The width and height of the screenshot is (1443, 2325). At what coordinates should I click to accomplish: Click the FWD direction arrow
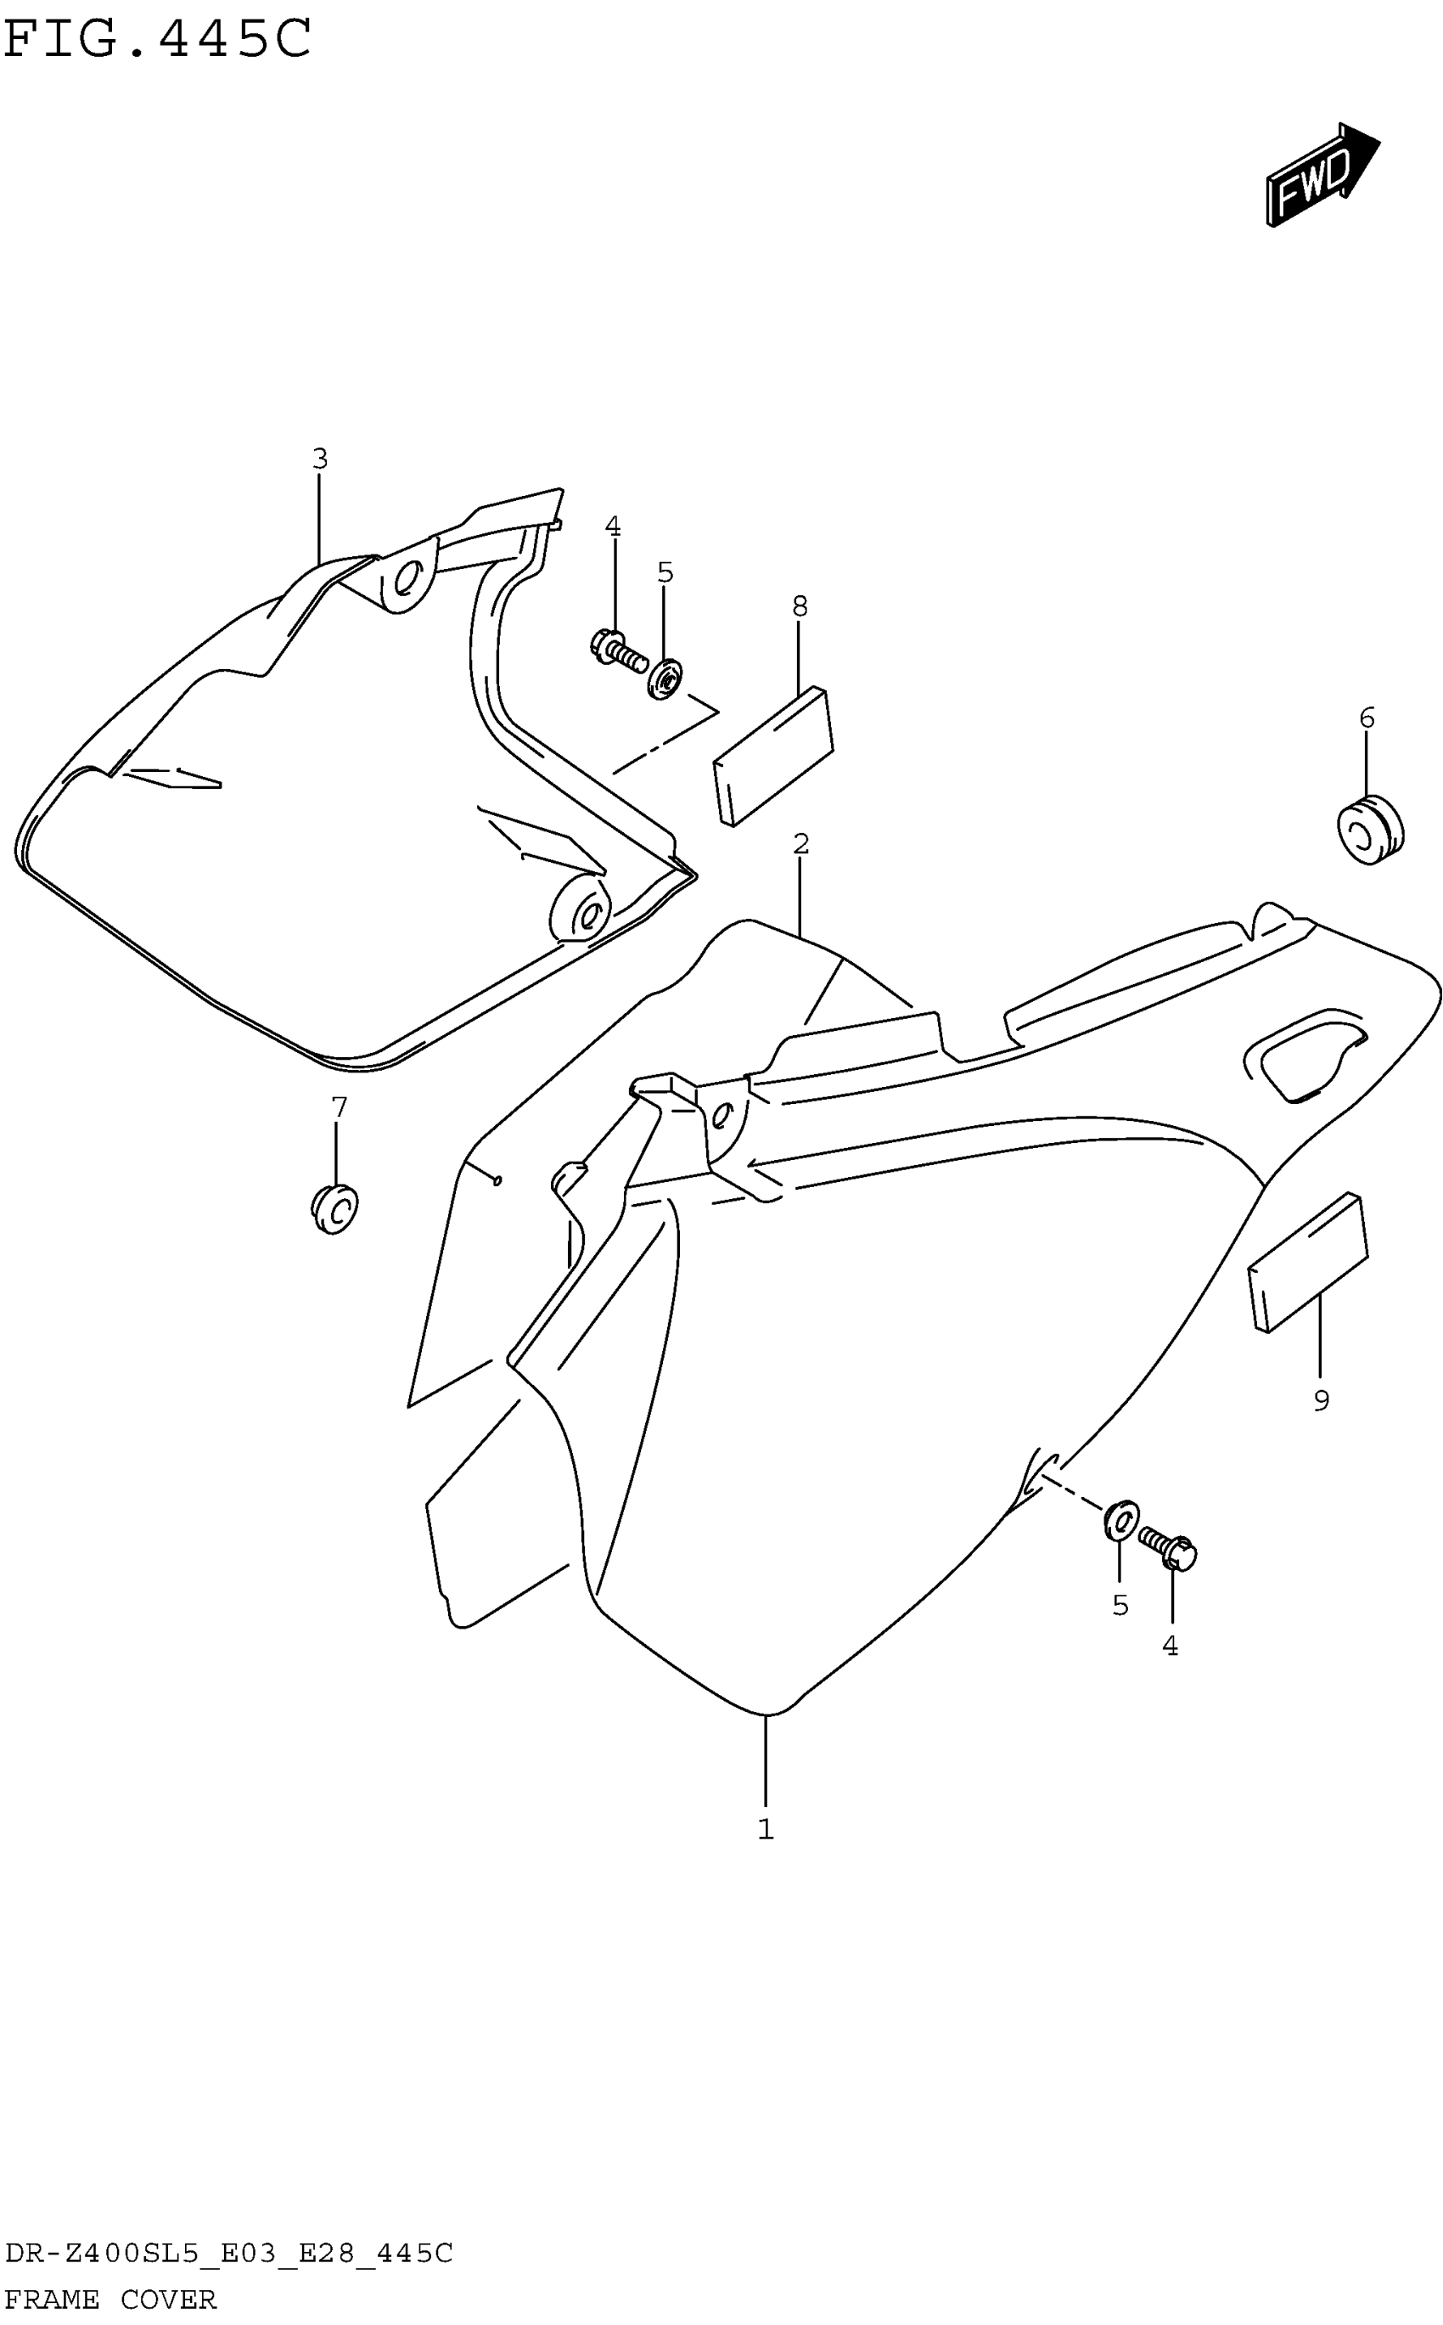click(1322, 175)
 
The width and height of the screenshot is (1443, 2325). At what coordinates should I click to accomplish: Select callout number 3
click(320, 459)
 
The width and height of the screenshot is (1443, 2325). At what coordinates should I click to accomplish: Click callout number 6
click(1367, 718)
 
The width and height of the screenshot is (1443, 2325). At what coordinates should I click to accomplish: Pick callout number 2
click(800, 844)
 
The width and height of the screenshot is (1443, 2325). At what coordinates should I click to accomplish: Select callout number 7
click(339, 1107)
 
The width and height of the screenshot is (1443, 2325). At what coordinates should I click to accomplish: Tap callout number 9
click(1321, 1401)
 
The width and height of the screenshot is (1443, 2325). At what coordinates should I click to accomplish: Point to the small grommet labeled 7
click(335, 1209)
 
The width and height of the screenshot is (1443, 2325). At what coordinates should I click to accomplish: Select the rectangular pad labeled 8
click(774, 755)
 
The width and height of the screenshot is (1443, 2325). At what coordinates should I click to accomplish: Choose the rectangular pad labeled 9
click(1308, 1262)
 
